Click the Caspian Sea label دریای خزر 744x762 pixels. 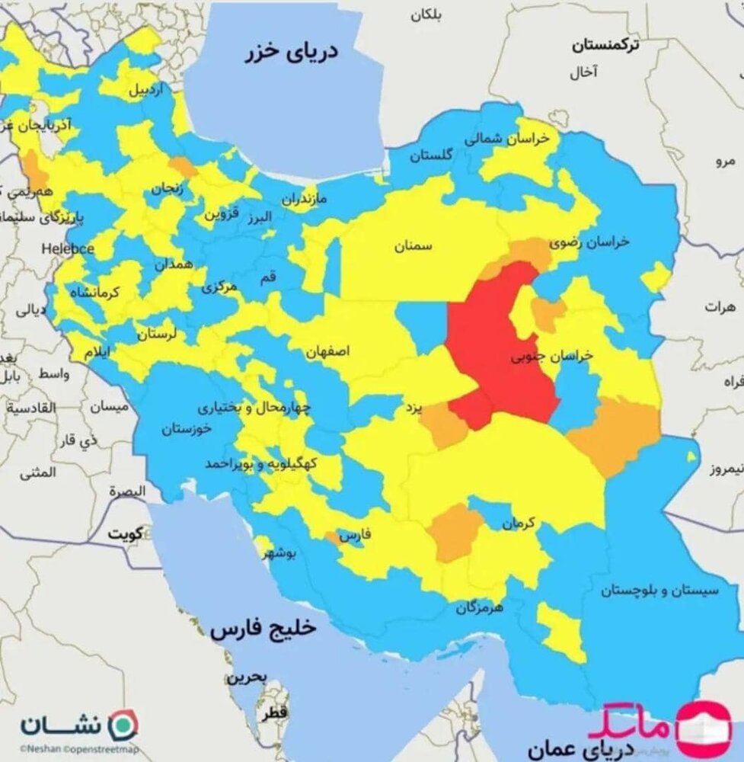[292, 55]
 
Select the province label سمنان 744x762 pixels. [414, 247]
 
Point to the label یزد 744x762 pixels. [412, 409]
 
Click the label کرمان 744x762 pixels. [519, 523]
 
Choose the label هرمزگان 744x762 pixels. [481, 608]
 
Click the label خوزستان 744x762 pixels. [187, 429]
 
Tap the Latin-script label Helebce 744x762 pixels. [68, 248]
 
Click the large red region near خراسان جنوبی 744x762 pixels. [495, 343]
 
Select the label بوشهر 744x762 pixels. [283, 554]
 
